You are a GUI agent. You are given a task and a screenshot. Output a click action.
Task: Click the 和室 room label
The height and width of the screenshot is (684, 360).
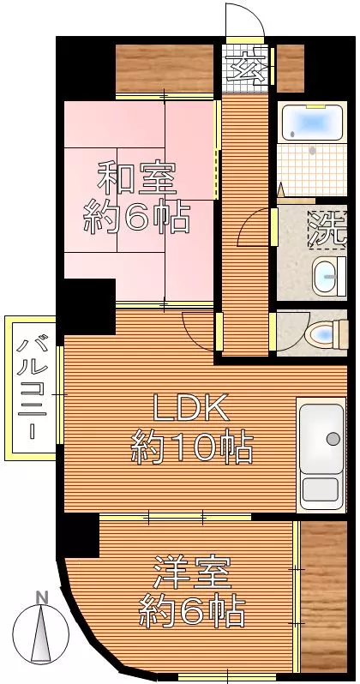click(x=136, y=177)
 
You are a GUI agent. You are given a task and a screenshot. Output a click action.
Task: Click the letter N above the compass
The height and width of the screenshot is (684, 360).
click(x=42, y=597)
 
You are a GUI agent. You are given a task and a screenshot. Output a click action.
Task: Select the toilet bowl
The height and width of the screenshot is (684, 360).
click(x=327, y=335)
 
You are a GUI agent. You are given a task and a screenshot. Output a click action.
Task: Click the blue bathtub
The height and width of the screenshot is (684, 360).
click(x=312, y=121)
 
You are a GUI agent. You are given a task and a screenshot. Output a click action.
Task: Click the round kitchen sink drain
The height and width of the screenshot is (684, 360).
click(x=333, y=438)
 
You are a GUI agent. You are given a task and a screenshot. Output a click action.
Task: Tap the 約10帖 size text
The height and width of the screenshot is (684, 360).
click(x=192, y=447)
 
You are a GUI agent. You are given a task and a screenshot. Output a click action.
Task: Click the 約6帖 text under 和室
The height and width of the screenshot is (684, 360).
click(x=136, y=216)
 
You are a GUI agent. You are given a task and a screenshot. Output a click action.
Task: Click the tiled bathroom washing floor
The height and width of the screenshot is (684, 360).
click(x=312, y=170)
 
